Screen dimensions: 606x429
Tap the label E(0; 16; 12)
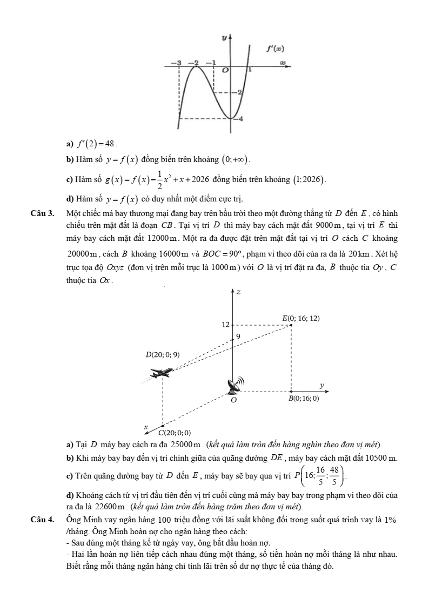301,318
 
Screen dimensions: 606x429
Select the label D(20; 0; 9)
163,355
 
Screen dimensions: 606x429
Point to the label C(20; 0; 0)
175,433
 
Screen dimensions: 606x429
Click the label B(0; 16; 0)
303,399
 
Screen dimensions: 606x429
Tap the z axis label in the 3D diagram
238,292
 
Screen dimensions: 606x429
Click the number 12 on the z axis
226,325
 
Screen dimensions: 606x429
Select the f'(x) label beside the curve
275,49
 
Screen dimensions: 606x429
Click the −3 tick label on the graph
179,63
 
